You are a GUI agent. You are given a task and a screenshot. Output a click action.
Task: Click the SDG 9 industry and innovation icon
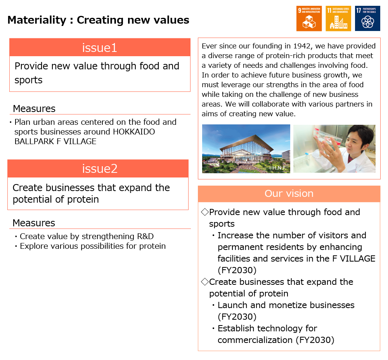click(x=309, y=18)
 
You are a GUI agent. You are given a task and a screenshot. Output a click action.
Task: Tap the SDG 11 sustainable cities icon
click(x=338, y=18)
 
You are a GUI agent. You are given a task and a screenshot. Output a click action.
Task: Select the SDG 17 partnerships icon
click(x=367, y=18)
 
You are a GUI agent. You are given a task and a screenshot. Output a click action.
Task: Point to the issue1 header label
click(x=99, y=48)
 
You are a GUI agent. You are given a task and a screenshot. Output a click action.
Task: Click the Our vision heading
click(x=289, y=193)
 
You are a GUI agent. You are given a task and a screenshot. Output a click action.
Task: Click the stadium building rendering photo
click(x=246, y=148)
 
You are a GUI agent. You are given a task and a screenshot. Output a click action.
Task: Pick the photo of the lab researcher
click(x=334, y=148)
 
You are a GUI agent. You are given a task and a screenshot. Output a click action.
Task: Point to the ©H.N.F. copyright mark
click(x=278, y=168)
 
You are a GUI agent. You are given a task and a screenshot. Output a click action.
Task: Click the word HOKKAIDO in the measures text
click(x=134, y=132)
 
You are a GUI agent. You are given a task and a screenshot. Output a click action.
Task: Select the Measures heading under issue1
click(x=34, y=109)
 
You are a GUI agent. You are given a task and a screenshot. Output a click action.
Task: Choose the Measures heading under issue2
click(x=34, y=223)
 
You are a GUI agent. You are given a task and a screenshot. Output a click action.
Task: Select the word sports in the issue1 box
click(x=28, y=80)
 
